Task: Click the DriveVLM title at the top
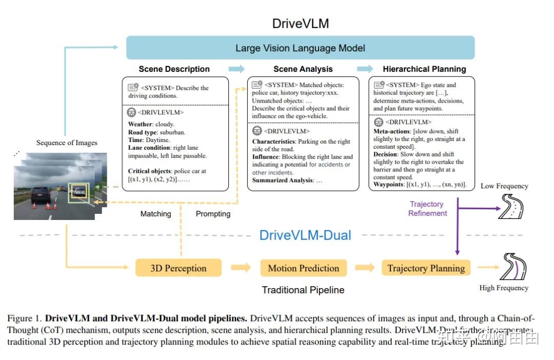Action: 300,24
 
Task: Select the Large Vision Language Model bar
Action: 300,48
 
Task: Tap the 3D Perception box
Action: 178,268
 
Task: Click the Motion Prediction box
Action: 303,268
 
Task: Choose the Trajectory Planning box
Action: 426,268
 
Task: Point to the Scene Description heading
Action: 174,69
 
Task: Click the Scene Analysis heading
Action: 303,69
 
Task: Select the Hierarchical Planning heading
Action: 424,69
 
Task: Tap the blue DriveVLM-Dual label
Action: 305,235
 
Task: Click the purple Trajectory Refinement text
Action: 427,209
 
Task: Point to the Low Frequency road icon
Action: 511,207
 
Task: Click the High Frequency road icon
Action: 513,267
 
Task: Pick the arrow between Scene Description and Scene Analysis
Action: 236,69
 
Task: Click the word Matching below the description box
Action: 155,214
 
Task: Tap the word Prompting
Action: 213,214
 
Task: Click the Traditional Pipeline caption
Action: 303,290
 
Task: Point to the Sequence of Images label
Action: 67,143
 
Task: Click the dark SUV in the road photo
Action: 40,195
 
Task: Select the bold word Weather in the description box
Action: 140,124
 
